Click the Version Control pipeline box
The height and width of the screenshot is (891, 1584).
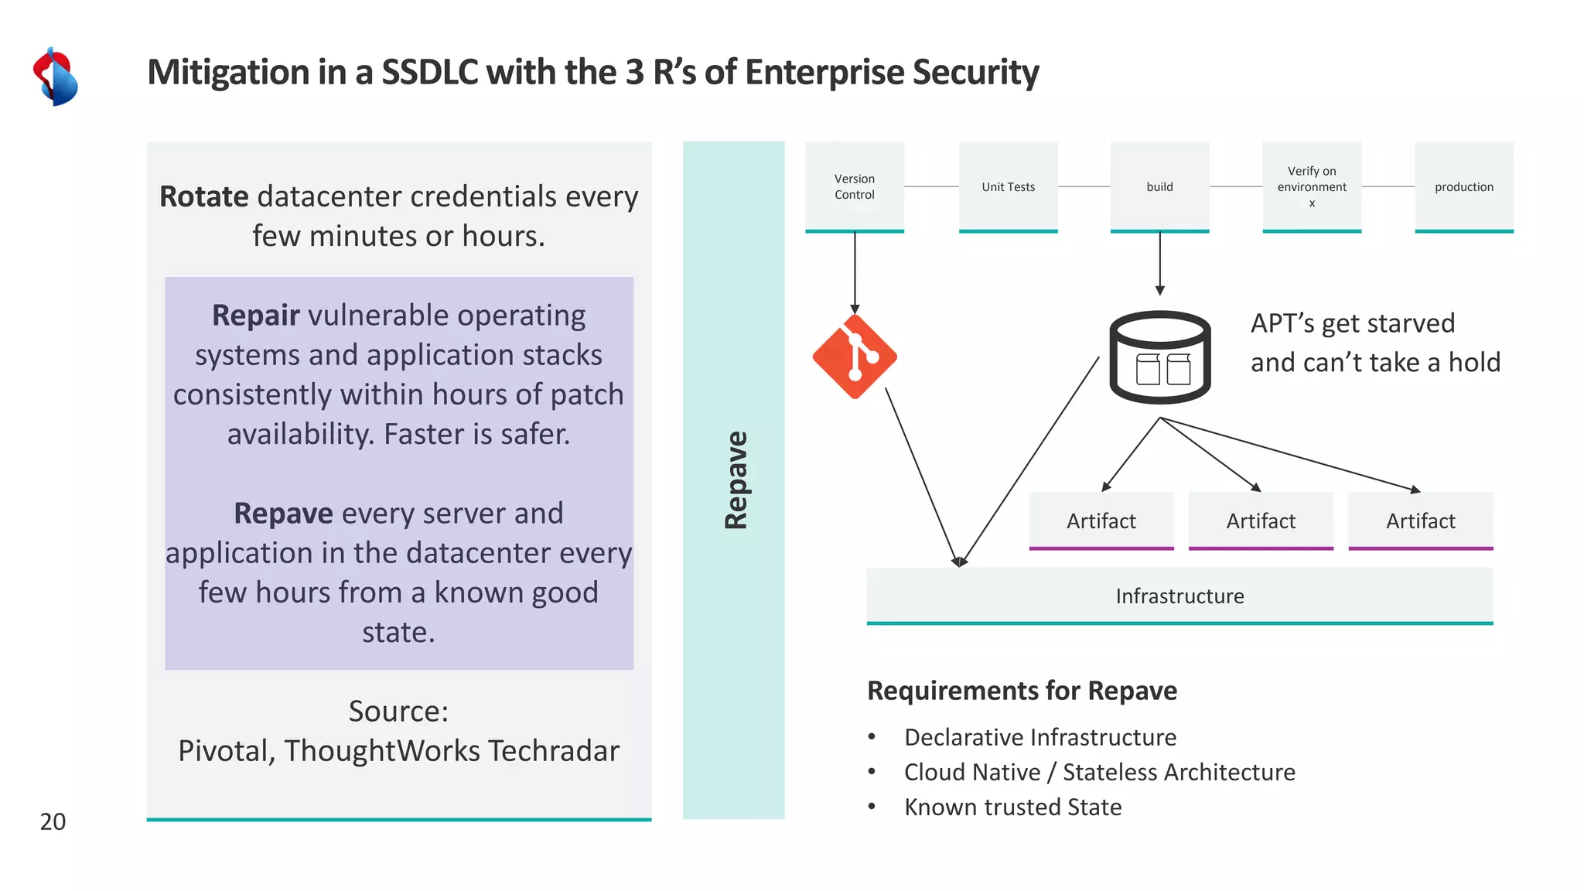point(854,186)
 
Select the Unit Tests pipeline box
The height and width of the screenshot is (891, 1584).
point(1008,186)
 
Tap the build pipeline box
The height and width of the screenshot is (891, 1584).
point(1159,186)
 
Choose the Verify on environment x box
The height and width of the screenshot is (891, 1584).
point(1312,186)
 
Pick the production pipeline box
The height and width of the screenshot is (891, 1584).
point(1463,186)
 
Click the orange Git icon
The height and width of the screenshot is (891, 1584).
point(855,357)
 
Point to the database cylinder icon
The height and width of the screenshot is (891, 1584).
point(1159,357)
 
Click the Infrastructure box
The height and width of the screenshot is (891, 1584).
point(1179,596)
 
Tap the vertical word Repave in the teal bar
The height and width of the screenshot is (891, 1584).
point(735,480)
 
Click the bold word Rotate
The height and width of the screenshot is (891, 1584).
point(204,196)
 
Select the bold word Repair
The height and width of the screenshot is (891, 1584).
point(255,316)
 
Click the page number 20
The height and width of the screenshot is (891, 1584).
point(53,821)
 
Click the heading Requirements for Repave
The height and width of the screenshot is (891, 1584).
point(1022,690)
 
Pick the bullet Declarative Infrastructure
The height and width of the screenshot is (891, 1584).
point(1039,737)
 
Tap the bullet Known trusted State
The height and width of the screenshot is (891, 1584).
point(1012,807)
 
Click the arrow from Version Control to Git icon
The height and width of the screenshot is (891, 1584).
point(855,271)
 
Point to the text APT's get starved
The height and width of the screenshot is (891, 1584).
point(1352,323)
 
